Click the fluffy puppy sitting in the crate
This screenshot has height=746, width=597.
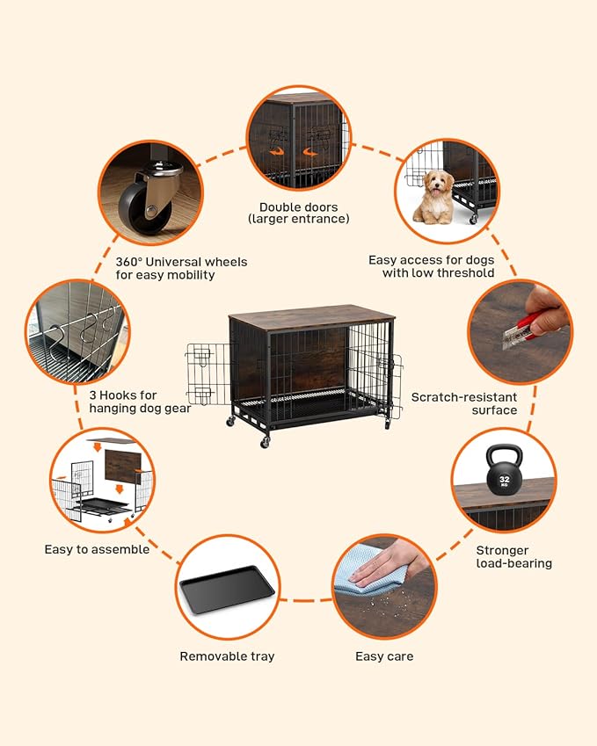point(434,197)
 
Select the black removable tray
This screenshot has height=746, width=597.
point(228,589)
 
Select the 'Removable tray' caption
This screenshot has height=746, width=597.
point(227,656)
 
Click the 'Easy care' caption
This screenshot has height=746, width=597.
point(384,656)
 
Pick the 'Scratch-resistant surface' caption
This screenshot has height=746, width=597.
point(464,403)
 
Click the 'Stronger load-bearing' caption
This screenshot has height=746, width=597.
point(514,557)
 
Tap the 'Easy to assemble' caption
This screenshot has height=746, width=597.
point(97,549)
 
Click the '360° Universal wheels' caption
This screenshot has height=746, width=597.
point(181,268)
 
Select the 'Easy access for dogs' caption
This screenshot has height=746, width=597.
point(431,266)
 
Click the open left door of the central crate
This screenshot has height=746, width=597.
point(207,373)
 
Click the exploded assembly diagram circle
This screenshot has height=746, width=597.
point(102,482)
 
